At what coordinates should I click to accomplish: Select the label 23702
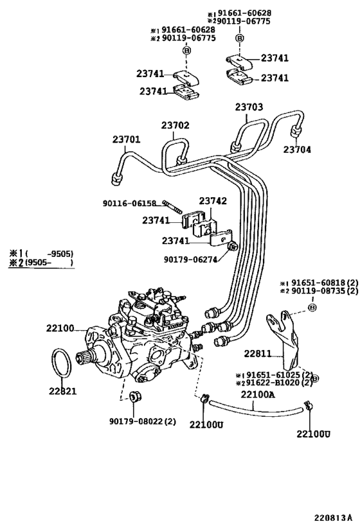click(x=175, y=125)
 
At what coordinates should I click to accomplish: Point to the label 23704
click(x=298, y=149)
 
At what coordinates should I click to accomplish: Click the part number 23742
click(x=212, y=201)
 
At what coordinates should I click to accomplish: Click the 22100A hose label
click(x=258, y=394)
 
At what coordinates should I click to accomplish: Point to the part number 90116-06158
click(x=129, y=204)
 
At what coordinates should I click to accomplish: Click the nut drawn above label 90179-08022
click(x=134, y=395)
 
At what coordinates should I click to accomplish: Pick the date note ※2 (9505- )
click(x=41, y=262)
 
